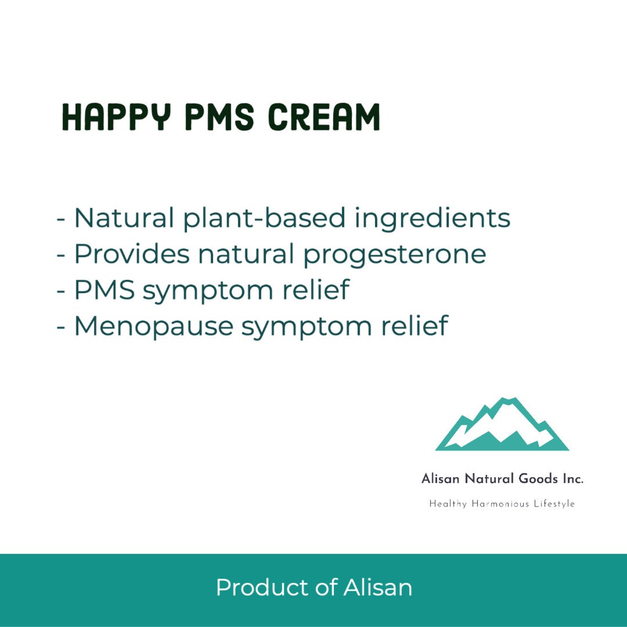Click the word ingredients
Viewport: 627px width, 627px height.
(x=432, y=218)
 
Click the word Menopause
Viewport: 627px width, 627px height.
(x=153, y=327)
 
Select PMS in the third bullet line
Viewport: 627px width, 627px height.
(x=104, y=290)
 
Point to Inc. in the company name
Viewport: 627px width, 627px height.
(x=571, y=479)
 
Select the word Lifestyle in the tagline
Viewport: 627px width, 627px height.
(x=554, y=504)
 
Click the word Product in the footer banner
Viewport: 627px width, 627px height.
(x=262, y=587)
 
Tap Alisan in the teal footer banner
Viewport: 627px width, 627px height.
(x=378, y=587)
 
